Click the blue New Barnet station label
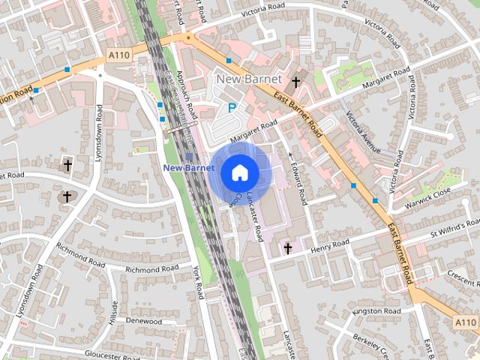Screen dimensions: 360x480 click(184, 168)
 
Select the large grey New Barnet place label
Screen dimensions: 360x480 click(249, 79)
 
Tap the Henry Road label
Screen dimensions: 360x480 click(330, 246)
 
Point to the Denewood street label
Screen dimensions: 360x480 click(144, 321)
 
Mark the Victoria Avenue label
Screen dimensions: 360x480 click(364, 134)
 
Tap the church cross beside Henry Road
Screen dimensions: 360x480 click(287, 247)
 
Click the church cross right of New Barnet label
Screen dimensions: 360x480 click(296, 82)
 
